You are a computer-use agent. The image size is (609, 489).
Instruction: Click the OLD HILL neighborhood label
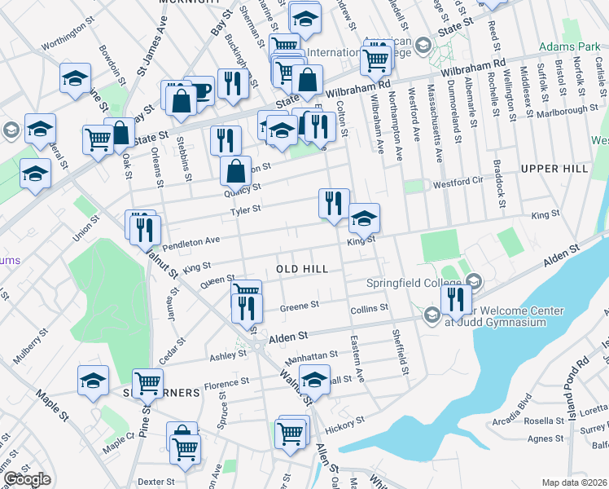[302, 269]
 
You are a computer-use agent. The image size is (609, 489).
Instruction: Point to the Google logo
[27, 479]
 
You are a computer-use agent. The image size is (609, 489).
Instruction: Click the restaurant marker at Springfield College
[454, 298]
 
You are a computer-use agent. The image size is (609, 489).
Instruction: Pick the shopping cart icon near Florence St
[147, 382]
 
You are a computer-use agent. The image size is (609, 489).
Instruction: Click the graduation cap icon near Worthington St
[75, 79]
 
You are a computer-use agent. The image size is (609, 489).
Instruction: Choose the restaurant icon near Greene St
[247, 308]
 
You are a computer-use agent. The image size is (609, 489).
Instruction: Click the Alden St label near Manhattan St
[291, 336]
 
